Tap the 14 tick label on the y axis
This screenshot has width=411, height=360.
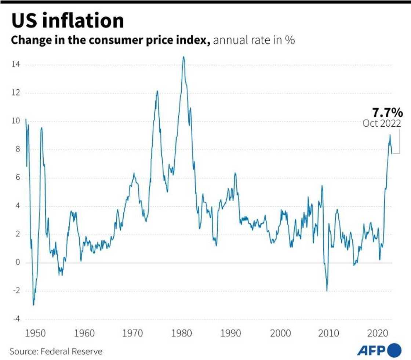(x=15, y=65)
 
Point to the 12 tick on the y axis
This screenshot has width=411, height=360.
(x=15, y=93)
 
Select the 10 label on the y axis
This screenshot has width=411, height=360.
(x=15, y=121)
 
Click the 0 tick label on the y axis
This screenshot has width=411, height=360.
(x=17, y=263)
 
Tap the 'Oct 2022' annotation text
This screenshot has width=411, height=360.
(x=382, y=124)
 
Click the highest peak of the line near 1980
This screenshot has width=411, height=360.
(x=183, y=57)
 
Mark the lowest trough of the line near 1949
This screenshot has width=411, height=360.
(x=33, y=305)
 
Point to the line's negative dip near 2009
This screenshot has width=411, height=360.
(x=327, y=291)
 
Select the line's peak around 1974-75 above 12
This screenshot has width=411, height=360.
(x=157, y=91)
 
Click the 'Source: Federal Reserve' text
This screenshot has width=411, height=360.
(x=56, y=352)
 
